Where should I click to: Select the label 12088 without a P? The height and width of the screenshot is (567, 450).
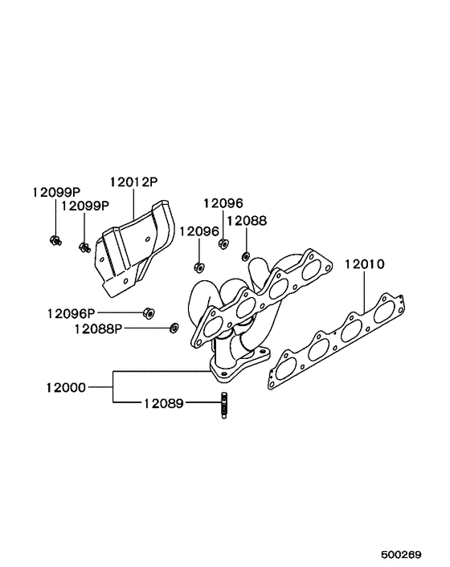pos(246,220)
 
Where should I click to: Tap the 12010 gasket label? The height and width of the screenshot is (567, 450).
pos(366,263)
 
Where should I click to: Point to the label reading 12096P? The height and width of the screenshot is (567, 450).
pos(71,312)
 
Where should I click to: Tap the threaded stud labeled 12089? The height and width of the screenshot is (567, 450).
pos(223,406)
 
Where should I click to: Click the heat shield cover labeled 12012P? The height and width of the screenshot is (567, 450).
pos(133,245)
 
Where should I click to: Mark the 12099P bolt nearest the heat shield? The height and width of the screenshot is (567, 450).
pos(84,246)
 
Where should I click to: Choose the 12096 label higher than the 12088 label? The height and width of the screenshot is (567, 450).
pos(223,204)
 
